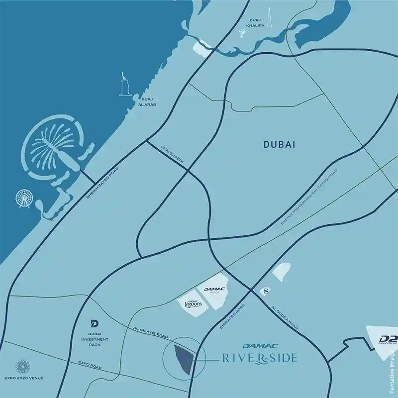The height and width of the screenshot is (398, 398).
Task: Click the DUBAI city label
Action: (x=279, y=145)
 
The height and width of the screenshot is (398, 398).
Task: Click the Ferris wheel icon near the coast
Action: (x=22, y=199)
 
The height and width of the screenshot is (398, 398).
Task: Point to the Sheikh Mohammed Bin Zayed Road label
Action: (x=309, y=196)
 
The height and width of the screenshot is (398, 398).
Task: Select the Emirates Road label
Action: (x=232, y=316)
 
